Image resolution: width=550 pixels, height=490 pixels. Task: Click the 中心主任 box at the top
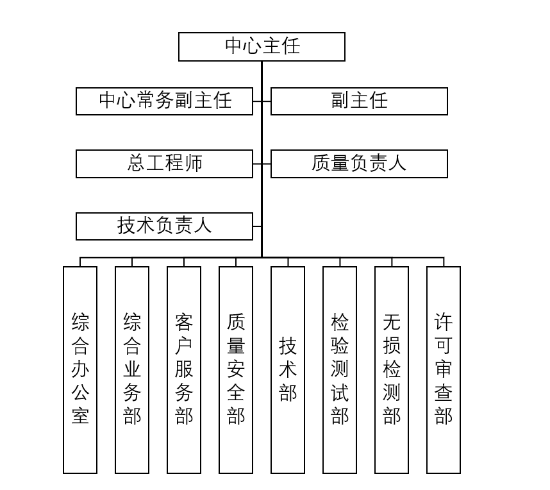pyautogui.click(x=262, y=47)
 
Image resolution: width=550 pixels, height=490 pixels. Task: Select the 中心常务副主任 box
pyautogui.click(x=164, y=101)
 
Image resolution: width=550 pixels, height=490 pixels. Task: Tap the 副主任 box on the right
pyautogui.click(x=359, y=101)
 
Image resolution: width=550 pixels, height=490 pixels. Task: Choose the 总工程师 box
pyautogui.click(x=164, y=164)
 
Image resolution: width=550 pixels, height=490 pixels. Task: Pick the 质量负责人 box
pyautogui.click(x=359, y=164)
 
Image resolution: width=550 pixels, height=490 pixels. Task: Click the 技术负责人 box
pyautogui.click(x=164, y=226)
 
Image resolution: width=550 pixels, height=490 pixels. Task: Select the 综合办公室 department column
pyautogui.click(x=80, y=369)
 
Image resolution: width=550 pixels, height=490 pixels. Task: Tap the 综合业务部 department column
pyautogui.click(x=132, y=369)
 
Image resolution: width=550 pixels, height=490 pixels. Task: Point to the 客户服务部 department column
pyautogui.click(x=184, y=369)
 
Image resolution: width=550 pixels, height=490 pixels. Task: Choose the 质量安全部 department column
pyautogui.click(x=236, y=369)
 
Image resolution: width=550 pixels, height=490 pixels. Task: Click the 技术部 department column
pyautogui.click(x=288, y=369)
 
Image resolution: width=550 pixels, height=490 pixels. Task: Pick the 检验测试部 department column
pyautogui.click(x=340, y=369)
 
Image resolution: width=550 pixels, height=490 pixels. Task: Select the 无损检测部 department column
pyautogui.click(x=392, y=369)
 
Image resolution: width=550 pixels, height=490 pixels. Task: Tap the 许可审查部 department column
pyautogui.click(x=444, y=369)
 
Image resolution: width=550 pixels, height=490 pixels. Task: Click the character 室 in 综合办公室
pyautogui.click(x=80, y=416)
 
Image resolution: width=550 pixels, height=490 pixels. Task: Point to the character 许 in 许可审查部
pyautogui.click(x=444, y=321)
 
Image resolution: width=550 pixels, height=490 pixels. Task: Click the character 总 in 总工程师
pyautogui.click(x=137, y=164)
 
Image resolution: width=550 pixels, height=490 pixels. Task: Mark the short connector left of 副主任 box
pyautogui.click(x=266, y=101)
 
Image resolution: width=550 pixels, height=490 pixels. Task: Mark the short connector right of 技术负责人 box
pyautogui.click(x=257, y=226)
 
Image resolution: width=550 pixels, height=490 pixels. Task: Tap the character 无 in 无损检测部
pyautogui.click(x=392, y=321)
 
